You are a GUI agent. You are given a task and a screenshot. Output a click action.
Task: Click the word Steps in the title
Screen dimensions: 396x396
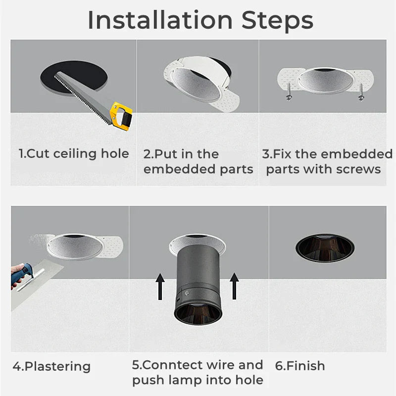277,20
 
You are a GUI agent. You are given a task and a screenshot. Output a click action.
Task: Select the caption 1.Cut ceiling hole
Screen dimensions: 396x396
74,153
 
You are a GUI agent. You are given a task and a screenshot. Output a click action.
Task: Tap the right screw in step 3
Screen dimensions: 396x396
360,92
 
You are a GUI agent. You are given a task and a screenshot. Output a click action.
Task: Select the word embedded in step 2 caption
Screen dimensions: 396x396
173,169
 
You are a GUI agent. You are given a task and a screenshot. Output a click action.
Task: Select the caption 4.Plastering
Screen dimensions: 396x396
51,366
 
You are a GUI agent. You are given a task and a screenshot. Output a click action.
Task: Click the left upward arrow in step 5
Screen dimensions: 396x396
160,286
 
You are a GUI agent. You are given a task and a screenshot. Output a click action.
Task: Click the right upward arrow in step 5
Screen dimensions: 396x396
234,286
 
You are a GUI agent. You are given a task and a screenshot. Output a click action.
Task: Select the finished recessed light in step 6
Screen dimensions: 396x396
325,246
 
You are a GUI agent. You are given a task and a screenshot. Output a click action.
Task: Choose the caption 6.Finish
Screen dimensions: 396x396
300,366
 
